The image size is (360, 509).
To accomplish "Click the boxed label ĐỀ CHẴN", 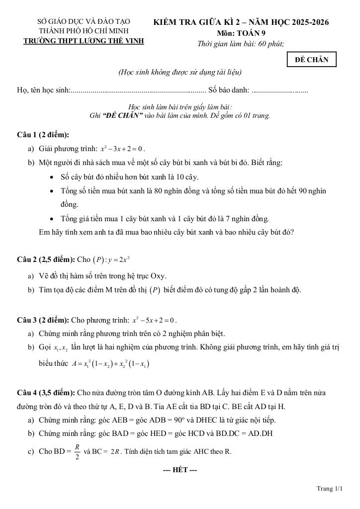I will (312, 60).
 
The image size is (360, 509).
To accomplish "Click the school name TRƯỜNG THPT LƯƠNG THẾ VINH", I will (84, 41).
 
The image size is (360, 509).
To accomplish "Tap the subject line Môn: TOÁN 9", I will (241, 33).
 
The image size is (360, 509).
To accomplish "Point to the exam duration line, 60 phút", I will (241, 44).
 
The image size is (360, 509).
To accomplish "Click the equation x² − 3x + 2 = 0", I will (122, 149).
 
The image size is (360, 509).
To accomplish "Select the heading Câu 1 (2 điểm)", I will (43, 135).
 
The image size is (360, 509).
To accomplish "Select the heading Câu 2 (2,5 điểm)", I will (46, 259).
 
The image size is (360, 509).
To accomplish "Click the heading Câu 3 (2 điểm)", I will (43, 320).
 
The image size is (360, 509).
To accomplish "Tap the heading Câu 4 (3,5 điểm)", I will (46, 393).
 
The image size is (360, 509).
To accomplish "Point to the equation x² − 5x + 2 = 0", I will (155, 320).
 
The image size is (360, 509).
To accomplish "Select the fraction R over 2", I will (77, 452).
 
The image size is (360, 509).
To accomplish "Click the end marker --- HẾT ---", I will (180, 470).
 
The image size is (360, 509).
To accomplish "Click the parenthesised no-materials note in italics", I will (180, 73).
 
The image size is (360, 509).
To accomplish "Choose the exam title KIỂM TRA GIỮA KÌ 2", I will (241, 22).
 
